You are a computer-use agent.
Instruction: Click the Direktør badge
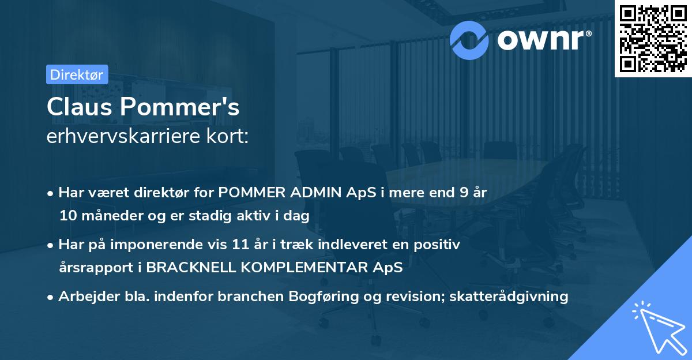(x=77, y=74)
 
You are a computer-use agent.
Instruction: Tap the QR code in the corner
(x=653, y=38)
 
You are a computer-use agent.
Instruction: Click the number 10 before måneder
(x=68, y=216)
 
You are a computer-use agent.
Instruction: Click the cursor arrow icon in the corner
(x=657, y=326)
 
